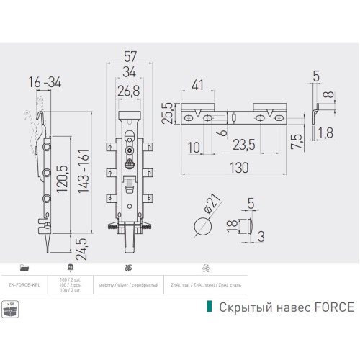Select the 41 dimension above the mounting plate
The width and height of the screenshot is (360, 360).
point(199,84)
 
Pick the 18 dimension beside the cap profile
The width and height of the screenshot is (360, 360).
point(230,225)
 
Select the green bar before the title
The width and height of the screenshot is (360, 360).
point(210,307)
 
